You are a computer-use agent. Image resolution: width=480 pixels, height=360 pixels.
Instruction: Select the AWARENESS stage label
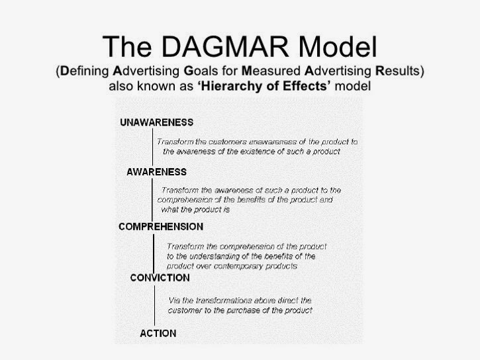156,172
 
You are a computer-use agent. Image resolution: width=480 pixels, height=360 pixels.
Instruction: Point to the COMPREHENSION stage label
161,226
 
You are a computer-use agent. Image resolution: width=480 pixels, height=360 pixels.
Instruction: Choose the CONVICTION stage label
160,277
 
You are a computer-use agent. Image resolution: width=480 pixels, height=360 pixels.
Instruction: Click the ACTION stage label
158,333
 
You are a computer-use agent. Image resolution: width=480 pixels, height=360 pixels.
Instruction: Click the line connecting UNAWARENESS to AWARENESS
154,147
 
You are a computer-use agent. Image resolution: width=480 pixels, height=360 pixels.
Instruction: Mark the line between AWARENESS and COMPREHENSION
154,199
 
